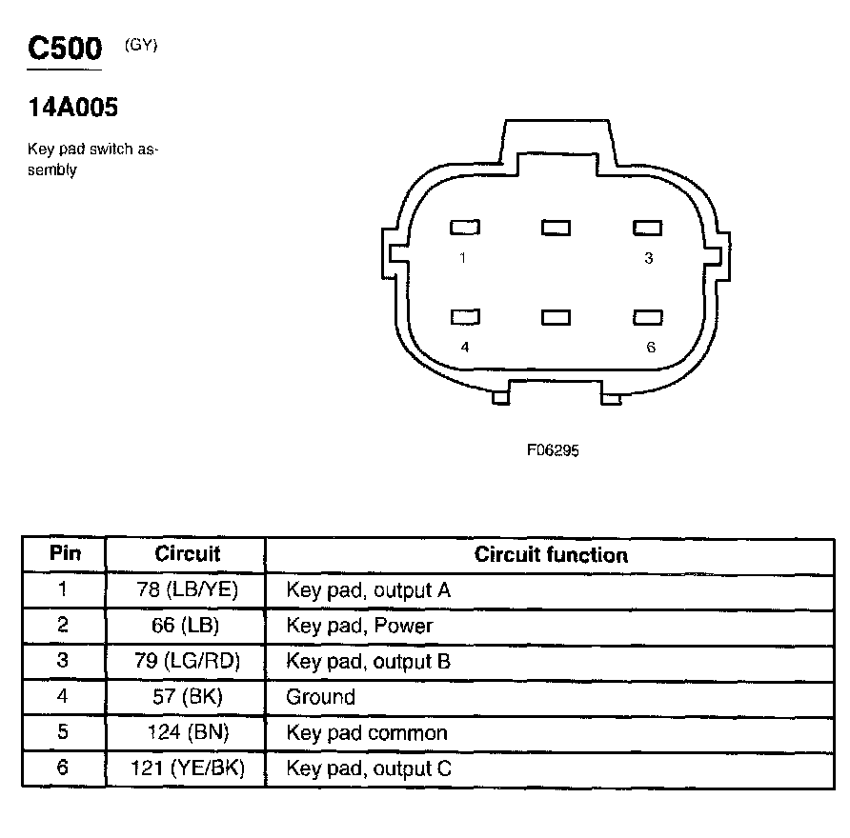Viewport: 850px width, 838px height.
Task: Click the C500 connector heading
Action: click(x=65, y=49)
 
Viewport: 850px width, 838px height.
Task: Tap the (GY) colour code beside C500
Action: click(x=140, y=45)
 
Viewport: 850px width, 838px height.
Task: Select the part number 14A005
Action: click(x=73, y=109)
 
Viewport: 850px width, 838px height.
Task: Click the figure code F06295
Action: click(x=553, y=451)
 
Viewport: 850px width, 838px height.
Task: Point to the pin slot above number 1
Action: click(x=465, y=228)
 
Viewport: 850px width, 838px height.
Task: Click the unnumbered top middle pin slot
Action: click(x=556, y=228)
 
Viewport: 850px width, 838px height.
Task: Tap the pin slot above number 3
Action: click(x=648, y=228)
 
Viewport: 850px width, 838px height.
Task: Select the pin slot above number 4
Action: click(x=465, y=317)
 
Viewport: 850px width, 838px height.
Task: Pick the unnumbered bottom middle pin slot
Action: click(x=556, y=317)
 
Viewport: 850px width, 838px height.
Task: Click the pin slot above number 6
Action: click(x=648, y=317)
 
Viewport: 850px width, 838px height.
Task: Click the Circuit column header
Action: click(x=187, y=554)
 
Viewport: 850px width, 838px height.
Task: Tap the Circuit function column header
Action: click(x=551, y=554)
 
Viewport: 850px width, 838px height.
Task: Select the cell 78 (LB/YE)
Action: click(x=187, y=590)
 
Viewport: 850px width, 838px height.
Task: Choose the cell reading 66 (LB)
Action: click(x=187, y=627)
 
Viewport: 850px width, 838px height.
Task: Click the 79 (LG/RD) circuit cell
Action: click(x=187, y=662)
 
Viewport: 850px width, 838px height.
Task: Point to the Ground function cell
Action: click(x=320, y=697)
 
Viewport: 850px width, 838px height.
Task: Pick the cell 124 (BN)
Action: click(x=187, y=733)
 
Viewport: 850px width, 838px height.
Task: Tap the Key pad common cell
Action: click(x=367, y=733)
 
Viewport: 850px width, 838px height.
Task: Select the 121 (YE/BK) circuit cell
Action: click(x=187, y=768)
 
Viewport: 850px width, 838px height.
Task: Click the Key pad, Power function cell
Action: click(x=359, y=627)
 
